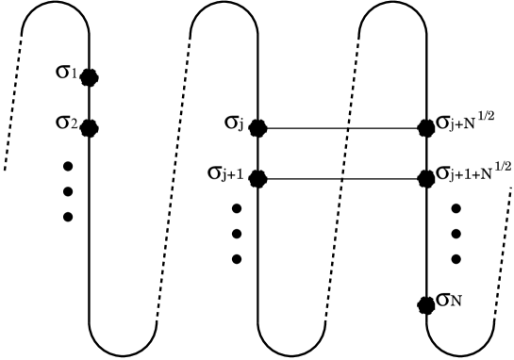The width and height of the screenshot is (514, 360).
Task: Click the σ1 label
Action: (66, 70)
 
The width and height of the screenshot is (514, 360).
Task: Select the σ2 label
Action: (66, 121)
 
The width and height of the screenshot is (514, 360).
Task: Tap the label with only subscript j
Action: (234, 121)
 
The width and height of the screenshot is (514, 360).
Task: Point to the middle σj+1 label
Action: (225, 171)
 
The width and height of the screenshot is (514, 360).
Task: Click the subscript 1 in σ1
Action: (74, 74)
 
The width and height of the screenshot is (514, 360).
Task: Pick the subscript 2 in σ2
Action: (73, 123)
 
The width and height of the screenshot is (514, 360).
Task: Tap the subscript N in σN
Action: (456, 302)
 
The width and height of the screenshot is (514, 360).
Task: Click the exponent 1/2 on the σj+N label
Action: (487, 115)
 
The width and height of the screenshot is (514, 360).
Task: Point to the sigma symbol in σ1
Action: (62, 70)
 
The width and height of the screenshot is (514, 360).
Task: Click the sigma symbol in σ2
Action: (62, 121)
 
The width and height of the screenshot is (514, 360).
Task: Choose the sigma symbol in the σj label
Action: (230, 121)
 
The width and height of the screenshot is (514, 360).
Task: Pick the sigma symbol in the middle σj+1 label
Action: (214, 171)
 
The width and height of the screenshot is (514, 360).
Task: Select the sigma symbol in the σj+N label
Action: (442, 121)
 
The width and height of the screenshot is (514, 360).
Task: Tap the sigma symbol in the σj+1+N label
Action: (442, 172)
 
